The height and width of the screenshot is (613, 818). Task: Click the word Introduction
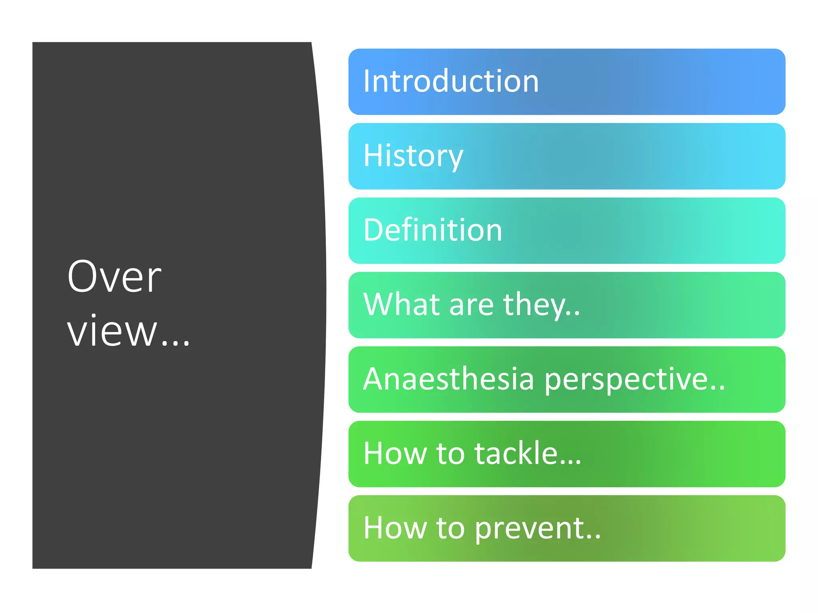(451, 81)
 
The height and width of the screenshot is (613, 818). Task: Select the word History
(413, 156)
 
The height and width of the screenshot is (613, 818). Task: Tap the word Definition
(433, 230)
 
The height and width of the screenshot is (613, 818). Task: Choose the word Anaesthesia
(448, 379)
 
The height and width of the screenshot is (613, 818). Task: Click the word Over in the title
(114, 277)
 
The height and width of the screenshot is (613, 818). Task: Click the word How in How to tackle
(395, 453)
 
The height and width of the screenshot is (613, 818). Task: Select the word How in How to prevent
(395, 528)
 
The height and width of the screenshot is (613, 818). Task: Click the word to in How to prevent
(451, 528)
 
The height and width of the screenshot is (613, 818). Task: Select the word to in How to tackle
(451, 453)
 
